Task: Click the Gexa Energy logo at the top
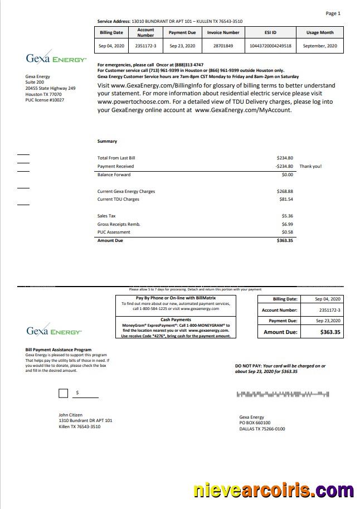(56, 59)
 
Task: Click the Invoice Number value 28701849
(223, 46)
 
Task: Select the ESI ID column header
(270, 33)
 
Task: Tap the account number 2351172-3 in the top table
(145, 46)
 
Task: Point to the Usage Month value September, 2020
(319, 46)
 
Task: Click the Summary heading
(107, 142)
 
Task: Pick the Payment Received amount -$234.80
(284, 166)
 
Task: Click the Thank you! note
(310, 166)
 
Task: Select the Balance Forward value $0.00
(287, 175)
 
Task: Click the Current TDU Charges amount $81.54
(285, 199)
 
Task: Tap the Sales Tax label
(106, 216)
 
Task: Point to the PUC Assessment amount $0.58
(287, 232)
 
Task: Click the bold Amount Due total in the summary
(285, 240)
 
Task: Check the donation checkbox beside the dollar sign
(64, 394)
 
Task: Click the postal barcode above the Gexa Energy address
(284, 394)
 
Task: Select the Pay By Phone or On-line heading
(176, 299)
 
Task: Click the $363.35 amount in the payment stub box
(330, 332)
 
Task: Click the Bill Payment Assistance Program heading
(59, 350)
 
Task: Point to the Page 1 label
(333, 13)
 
